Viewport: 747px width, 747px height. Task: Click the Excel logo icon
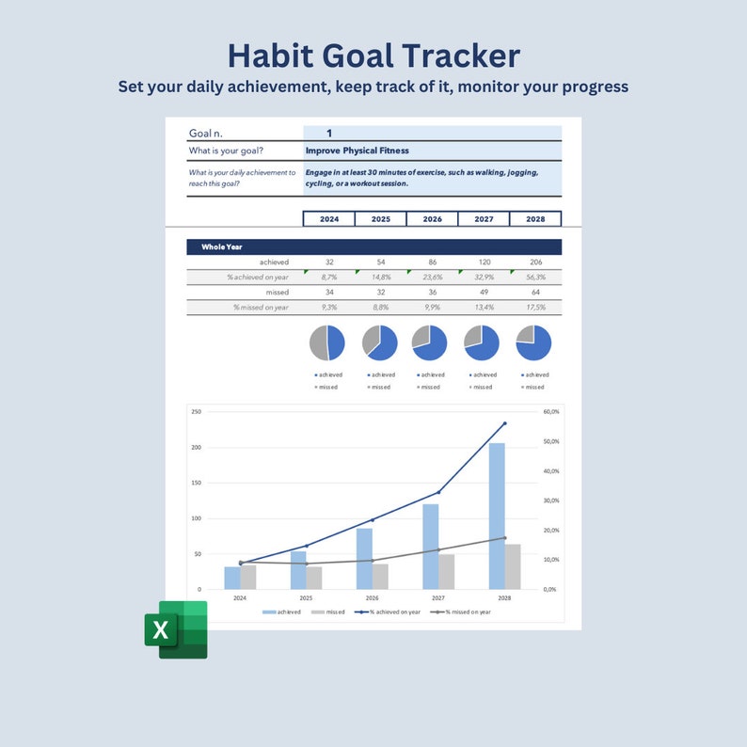tap(176, 629)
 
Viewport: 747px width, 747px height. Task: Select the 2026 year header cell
tap(432, 219)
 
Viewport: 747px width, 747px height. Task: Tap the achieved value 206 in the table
tap(535, 262)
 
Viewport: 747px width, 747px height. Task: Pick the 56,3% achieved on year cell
tap(535, 277)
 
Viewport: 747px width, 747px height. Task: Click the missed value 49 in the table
tap(484, 292)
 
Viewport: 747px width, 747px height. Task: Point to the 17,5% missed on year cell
tap(535, 307)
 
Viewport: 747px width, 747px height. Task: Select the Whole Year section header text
tap(222, 246)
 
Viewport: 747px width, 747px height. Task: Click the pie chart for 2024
tap(327, 342)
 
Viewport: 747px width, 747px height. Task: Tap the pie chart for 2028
tap(534, 342)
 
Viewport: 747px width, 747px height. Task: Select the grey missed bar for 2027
tap(447, 571)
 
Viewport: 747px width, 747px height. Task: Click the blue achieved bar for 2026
tap(364, 558)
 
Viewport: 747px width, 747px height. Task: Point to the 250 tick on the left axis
tap(196, 412)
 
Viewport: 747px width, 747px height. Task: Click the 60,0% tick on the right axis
tap(551, 412)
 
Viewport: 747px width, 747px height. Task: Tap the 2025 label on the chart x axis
tap(306, 597)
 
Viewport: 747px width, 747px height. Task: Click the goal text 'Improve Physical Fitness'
tap(357, 151)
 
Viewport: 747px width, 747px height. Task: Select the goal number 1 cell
tap(329, 134)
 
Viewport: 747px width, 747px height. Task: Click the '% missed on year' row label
tap(261, 307)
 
